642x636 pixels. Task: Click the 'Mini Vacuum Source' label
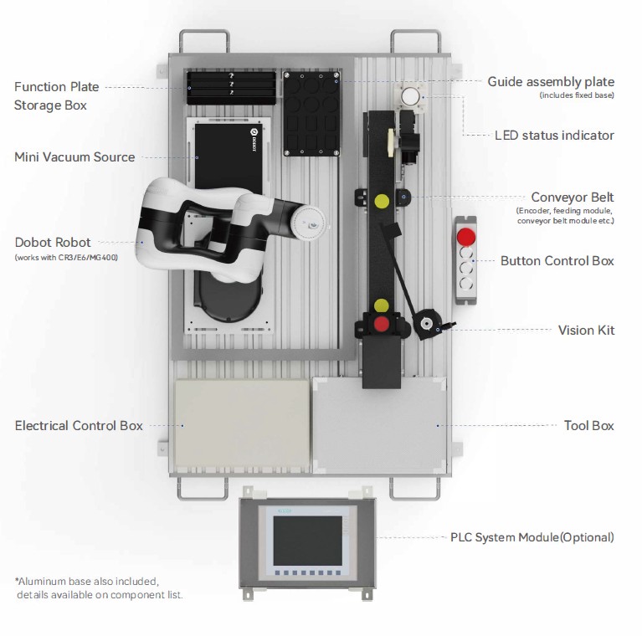(74, 156)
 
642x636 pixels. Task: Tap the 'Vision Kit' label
(586, 330)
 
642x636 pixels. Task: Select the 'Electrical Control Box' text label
(79, 425)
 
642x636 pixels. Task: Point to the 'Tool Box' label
(588, 425)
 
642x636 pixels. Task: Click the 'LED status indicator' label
(554, 135)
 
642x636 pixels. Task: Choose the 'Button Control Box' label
(557, 260)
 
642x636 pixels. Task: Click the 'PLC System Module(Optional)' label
(532, 536)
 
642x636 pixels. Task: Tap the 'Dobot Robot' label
(53, 242)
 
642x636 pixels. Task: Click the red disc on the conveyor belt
(381, 323)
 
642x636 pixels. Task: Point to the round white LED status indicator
(409, 97)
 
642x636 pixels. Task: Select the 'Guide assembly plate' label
(551, 82)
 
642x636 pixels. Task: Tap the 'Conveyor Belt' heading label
(573, 197)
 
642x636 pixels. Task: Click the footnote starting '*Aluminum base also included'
(87, 580)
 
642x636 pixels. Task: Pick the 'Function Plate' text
(56, 87)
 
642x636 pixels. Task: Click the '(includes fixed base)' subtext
(577, 95)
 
